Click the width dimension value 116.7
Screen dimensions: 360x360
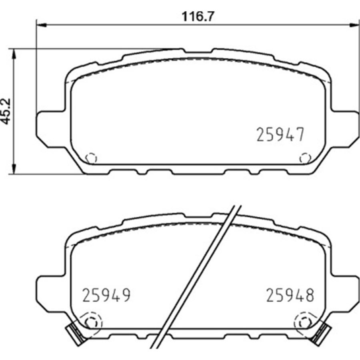click(198, 17)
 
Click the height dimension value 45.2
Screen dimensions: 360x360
click(6, 111)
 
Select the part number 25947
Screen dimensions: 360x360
click(280, 134)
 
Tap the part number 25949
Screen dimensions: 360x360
click(106, 295)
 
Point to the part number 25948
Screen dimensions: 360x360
click(290, 295)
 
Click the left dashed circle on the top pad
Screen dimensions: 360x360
click(91, 158)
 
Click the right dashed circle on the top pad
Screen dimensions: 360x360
click(305, 158)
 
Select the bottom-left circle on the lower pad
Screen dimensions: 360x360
click(91, 322)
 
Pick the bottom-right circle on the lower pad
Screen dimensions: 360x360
click(305, 322)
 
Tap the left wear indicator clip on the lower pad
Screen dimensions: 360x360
click(75, 334)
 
